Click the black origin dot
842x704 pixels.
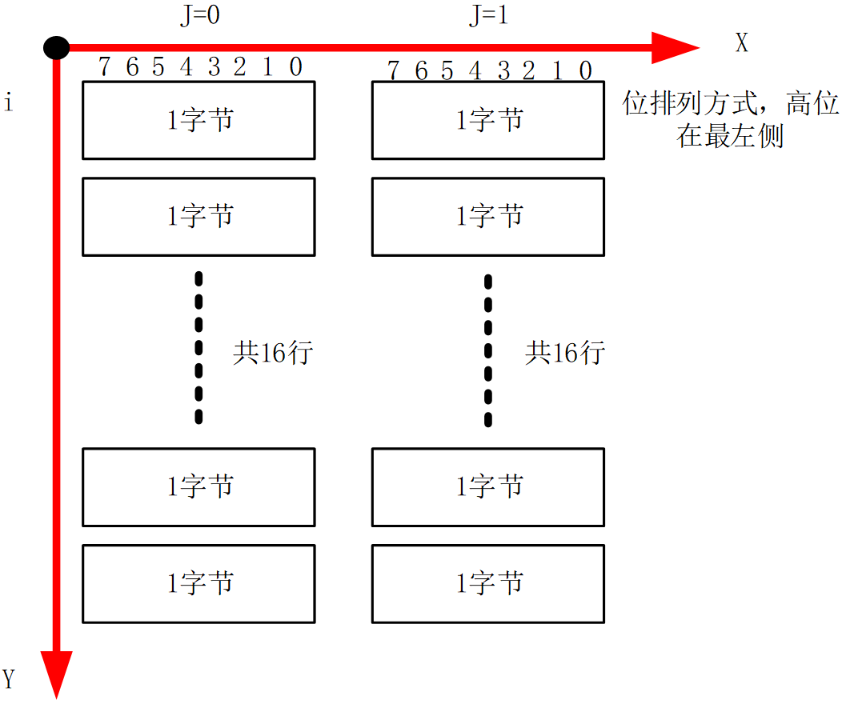[55, 47]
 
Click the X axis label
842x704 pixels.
[742, 44]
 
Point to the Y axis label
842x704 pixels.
[9, 680]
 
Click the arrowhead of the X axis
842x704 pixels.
[676, 47]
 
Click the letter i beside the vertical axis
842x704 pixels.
[9, 103]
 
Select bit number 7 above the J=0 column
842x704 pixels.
[104, 68]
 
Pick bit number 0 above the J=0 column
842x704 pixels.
[295, 68]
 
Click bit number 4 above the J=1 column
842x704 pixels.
[475, 71]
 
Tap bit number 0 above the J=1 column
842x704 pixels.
[585, 71]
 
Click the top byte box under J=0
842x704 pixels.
[198, 120]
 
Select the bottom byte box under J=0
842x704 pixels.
[198, 583]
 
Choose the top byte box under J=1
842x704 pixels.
[487, 120]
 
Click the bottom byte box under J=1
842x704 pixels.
[487, 583]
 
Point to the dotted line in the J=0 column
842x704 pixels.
[198, 348]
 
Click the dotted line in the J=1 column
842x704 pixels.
[487, 350]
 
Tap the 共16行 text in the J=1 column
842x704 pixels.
[564, 353]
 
